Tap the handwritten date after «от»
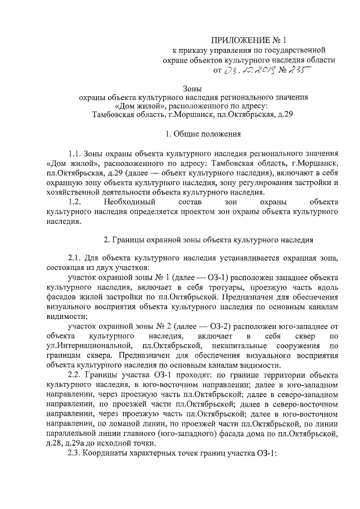point(247,70)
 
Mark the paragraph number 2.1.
point(75,259)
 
